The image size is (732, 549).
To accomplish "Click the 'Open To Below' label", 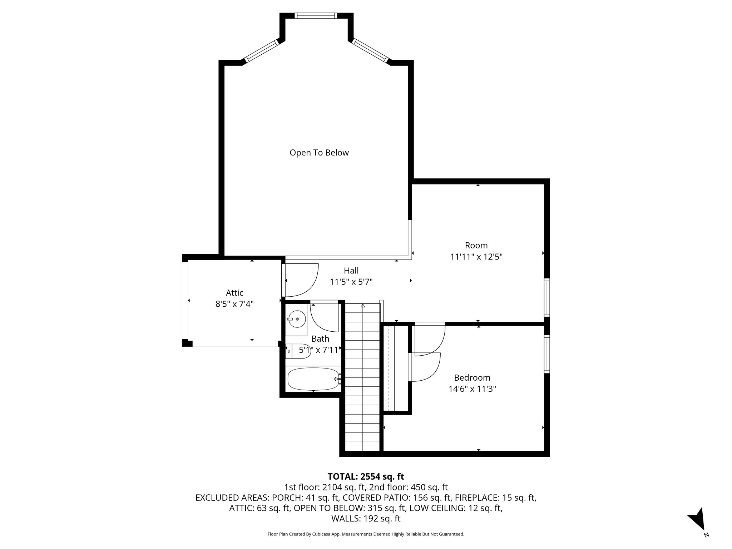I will (x=319, y=153).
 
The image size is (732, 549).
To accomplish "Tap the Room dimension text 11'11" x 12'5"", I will (x=476, y=257).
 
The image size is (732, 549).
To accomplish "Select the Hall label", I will (x=351, y=271).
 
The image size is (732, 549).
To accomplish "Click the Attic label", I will (x=234, y=293).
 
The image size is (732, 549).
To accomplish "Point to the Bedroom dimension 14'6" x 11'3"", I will (x=472, y=389).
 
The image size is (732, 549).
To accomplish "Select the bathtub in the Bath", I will (x=313, y=379).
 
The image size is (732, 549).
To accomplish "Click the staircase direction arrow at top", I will (x=363, y=306).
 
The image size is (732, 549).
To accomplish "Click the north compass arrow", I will (x=697, y=529).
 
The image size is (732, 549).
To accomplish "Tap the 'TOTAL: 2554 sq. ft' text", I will (x=366, y=476).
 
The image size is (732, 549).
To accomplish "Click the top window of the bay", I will (x=316, y=16).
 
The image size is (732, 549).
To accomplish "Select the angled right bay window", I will (x=370, y=51).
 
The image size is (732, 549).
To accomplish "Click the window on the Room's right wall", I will (x=546, y=297).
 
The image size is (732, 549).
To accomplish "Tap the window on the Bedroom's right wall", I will (x=546, y=354).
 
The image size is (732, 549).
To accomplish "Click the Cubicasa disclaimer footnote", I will (x=366, y=534).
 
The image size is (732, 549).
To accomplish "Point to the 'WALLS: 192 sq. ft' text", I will (x=366, y=519).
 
